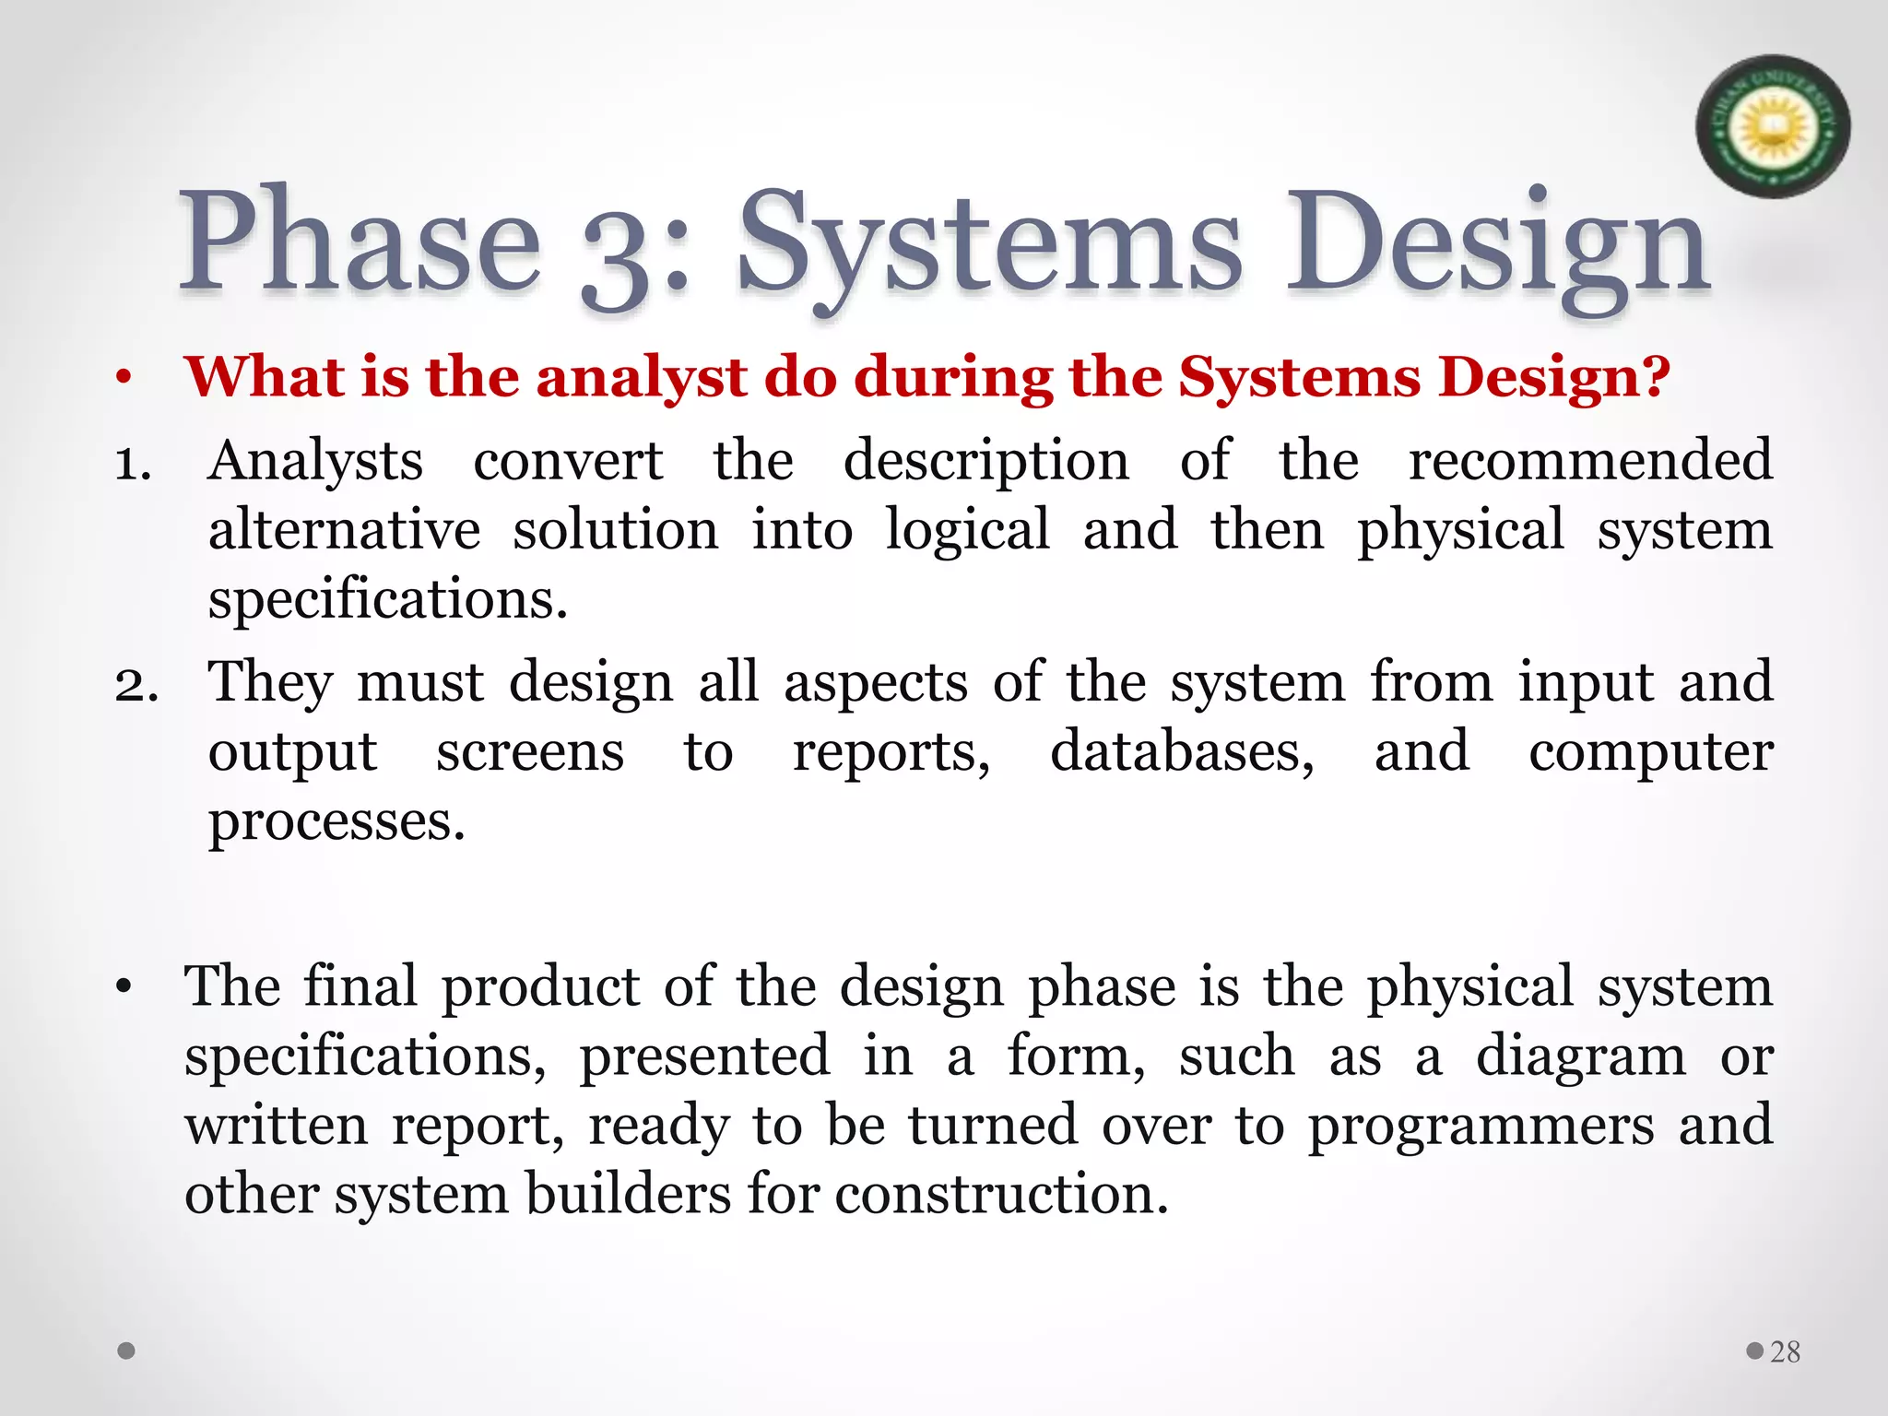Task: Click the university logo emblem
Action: (1772, 126)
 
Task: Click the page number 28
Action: (1785, 1351)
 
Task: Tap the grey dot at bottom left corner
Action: (127, 1351)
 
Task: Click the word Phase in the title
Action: (360, 242)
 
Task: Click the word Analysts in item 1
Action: (315, 461)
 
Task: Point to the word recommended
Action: (1590, 461)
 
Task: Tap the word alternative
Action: (344, 530)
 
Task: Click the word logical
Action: (967, 532)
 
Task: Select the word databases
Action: (1182, 752)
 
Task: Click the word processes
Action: (336, 822)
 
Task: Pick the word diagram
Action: (1581, 1056)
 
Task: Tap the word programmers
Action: (1481, 1127)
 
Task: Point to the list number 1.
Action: (133, 464)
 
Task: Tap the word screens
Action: (530, 752)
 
